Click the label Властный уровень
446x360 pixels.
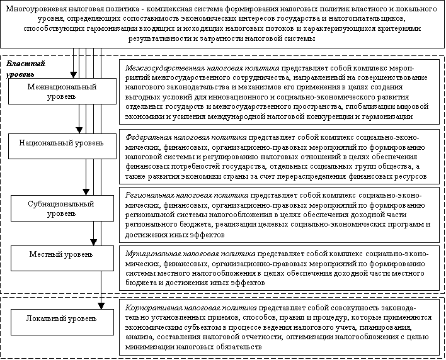tap(25, 69)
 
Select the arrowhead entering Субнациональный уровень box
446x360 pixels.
tap(87, 193)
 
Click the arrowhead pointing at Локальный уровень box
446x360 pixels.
tap(100, 306)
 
